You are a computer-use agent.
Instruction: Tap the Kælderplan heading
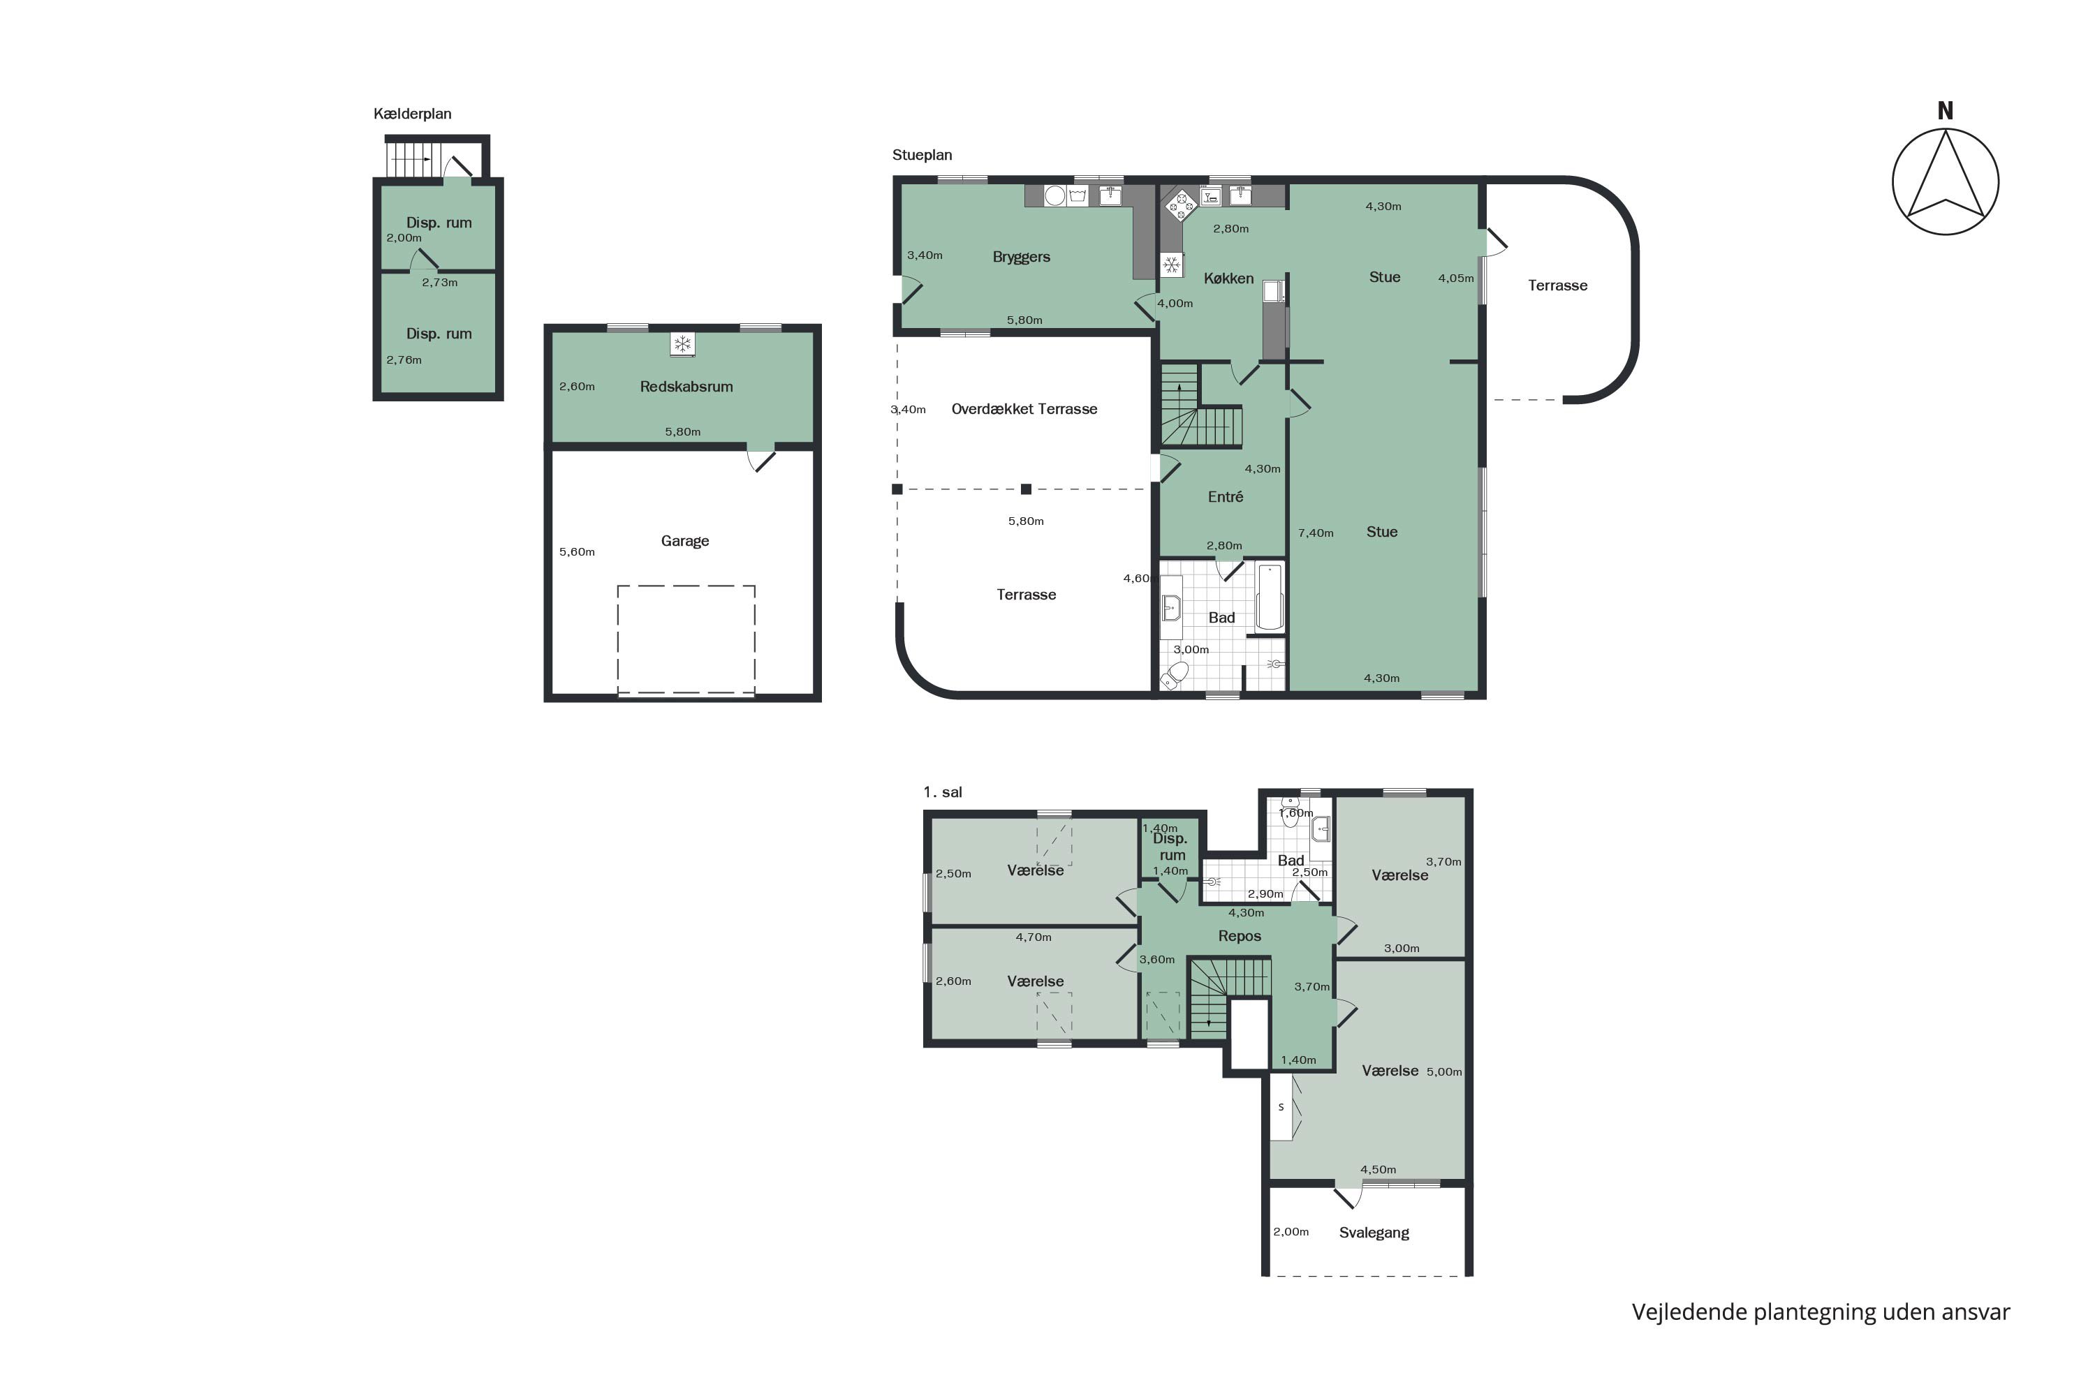(413, 114)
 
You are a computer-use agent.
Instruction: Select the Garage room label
(685, 540)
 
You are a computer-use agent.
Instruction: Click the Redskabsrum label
(686, 387)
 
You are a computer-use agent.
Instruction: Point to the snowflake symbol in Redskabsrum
(682, 345)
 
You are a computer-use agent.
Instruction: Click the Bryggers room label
(1021, 258)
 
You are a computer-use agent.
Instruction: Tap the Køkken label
(1228, 279)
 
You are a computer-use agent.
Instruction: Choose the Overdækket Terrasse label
(1024, 408)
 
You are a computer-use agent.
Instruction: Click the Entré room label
(1225, 497)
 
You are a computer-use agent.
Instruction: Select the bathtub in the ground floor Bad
(1270, 597)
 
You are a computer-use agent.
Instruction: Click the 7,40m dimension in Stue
(1316, 533)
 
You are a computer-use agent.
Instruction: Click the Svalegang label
(1374, 1233)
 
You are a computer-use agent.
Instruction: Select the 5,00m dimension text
(1444, 1072)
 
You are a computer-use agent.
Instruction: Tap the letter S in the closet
(1281, 1108)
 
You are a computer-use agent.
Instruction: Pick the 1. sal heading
(942, 792)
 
